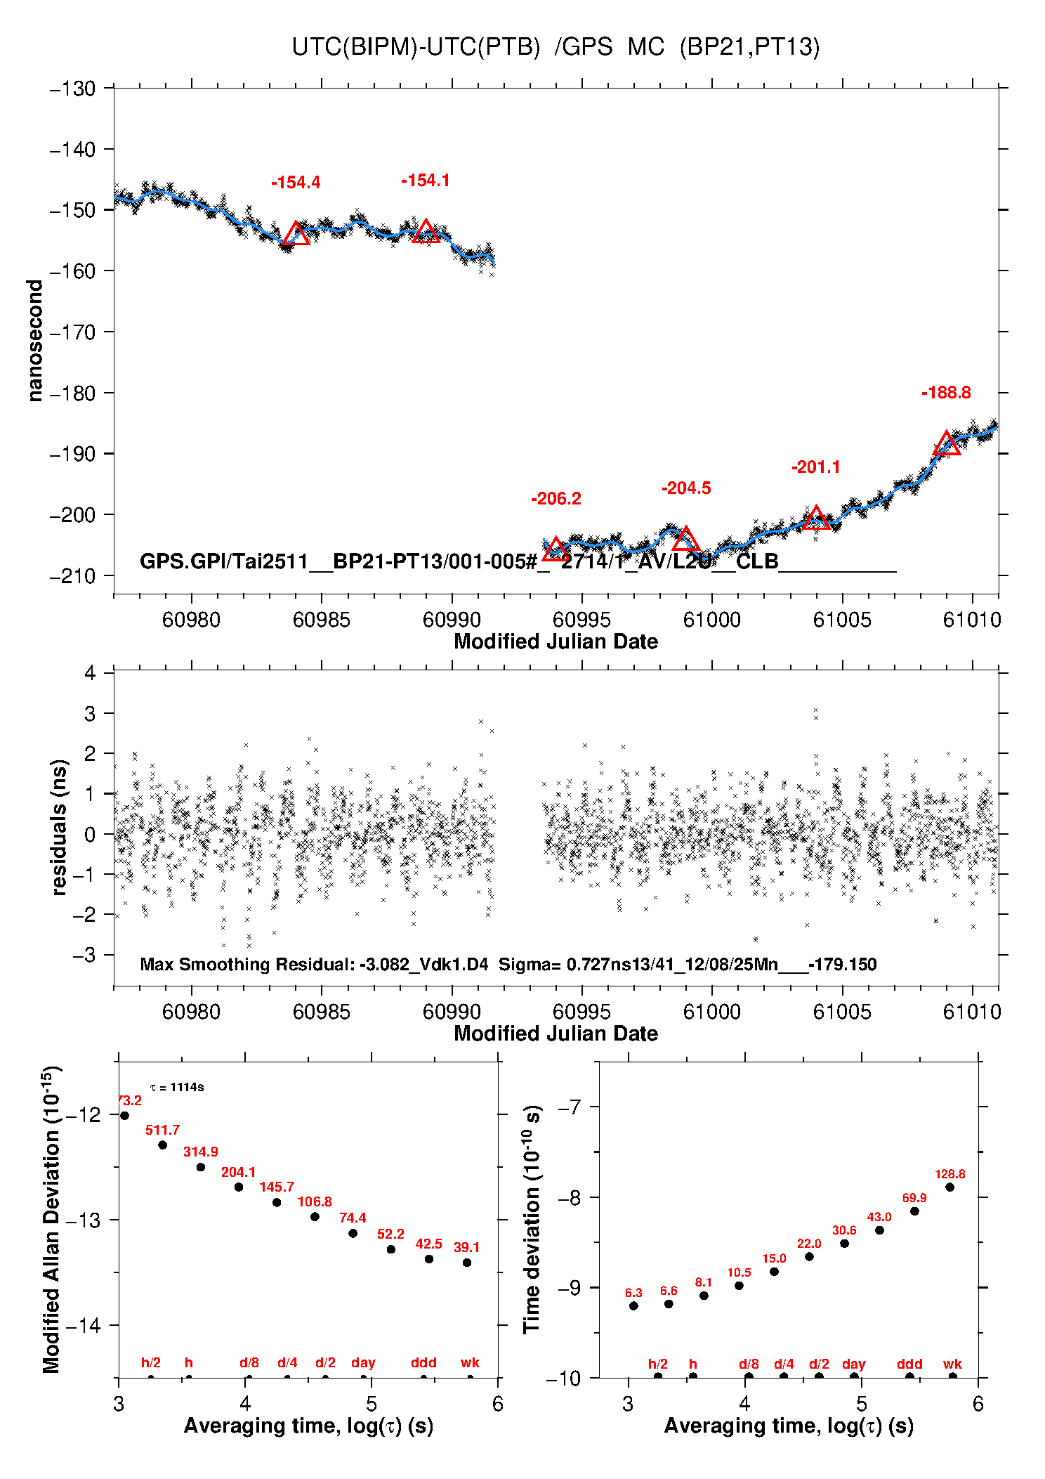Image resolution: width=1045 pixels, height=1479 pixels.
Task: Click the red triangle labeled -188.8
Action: tap(947, 445)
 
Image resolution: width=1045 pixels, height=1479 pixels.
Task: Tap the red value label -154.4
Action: tap(296, 183)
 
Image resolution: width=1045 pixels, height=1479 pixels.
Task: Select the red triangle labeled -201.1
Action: tap(815, 519)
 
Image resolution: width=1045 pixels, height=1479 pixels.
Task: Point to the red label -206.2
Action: tap(556, 499)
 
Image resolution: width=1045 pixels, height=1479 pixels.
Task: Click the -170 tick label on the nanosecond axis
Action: tap(72, 332)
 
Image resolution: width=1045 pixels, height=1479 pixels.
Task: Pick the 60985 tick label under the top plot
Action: tap(321, 620)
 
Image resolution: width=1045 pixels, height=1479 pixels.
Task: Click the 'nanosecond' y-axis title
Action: tap(35, 341)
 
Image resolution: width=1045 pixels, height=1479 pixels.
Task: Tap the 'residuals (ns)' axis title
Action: tap(60, 827)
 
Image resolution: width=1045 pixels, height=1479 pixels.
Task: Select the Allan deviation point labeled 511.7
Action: tap(162, 1145)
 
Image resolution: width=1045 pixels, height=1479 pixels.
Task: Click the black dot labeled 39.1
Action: tap(467, 1263)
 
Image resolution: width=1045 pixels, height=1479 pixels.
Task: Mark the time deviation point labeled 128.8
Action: tap(949, 1187)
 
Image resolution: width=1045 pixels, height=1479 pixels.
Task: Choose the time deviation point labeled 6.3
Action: tap(633, 1305)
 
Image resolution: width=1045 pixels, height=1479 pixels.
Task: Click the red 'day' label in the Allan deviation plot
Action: tap(363, 1362)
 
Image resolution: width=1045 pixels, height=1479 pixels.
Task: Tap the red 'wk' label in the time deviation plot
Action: tap(952, 1364)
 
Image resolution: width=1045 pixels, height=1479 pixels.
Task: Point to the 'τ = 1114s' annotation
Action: tap(177, 1088)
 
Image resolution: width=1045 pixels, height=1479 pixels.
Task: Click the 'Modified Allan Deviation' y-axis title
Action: tap(51, 1220)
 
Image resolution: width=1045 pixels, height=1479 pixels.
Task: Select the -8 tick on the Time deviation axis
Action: tap(569, 1197)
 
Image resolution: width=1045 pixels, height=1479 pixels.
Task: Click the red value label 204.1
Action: tap(238, 1172)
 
